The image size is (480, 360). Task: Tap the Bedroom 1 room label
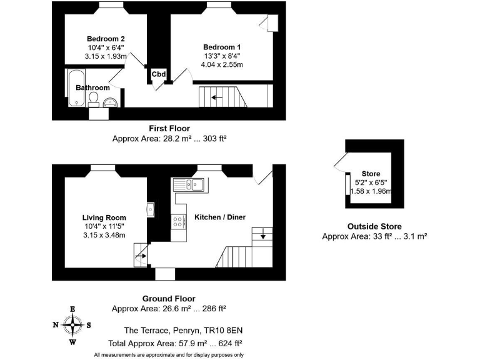222,47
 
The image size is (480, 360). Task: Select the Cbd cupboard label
159,75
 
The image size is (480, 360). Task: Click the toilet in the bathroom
94,100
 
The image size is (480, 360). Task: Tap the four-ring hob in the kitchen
178,221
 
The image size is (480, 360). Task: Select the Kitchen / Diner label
220,217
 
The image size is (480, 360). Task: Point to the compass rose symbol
73,324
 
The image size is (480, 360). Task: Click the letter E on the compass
73,309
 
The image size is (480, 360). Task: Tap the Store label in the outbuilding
371,174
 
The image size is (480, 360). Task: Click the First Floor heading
169,129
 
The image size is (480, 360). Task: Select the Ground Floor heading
169,299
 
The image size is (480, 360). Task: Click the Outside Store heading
374,226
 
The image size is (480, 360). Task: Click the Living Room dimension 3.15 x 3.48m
104,235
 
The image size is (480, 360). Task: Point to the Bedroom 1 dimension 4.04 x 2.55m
222,64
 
